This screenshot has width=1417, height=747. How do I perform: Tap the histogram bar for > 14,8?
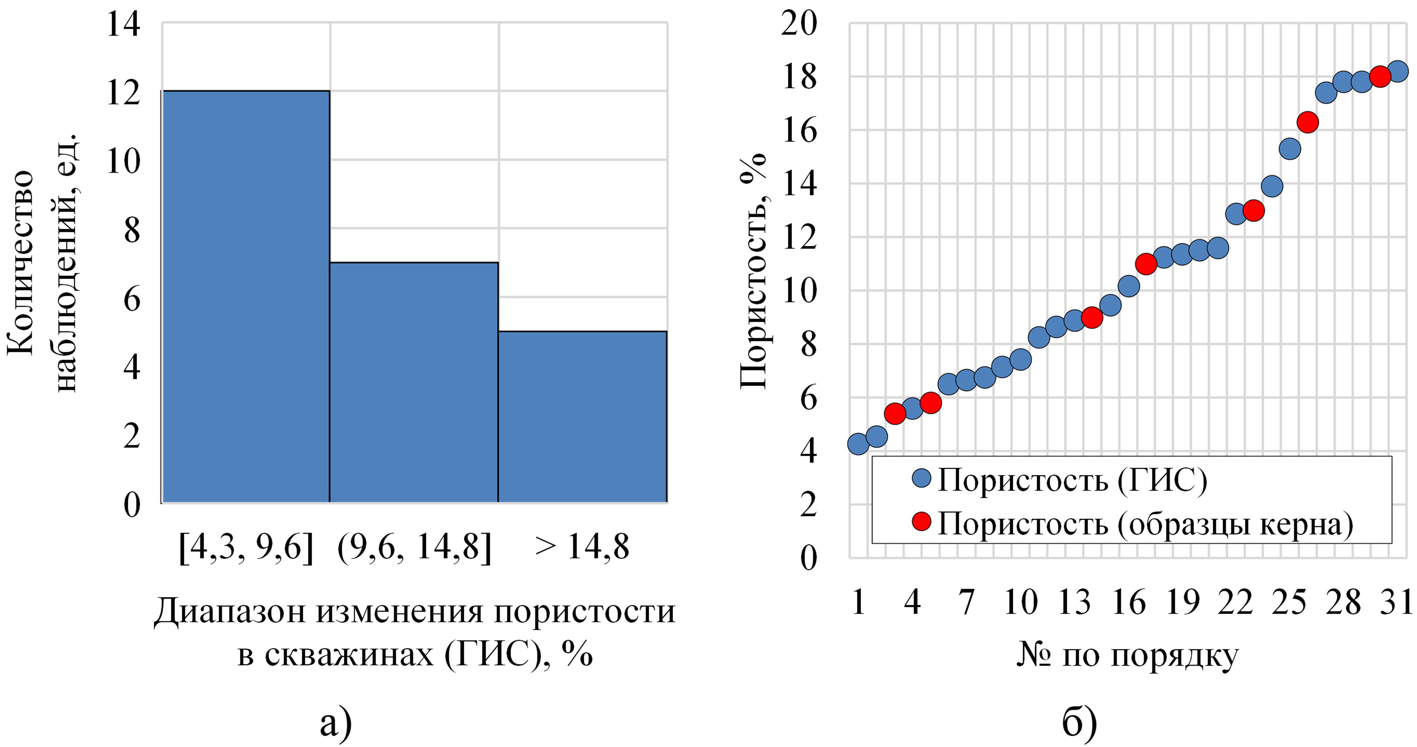pos(583,416)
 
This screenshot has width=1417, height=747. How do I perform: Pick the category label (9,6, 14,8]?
pos(414,547)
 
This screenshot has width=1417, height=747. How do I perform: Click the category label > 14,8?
pos(582,547)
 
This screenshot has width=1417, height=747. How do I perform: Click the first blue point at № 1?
pos(859,444)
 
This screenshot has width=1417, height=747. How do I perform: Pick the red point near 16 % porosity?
pos(1307,122)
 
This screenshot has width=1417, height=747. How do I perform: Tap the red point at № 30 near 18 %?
pos(1380,76)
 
